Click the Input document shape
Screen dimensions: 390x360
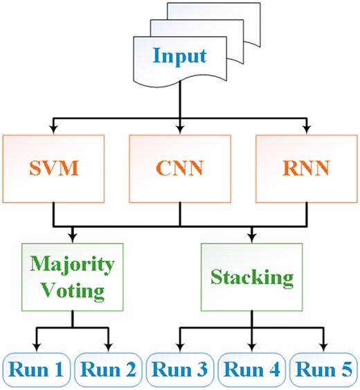point(179,55)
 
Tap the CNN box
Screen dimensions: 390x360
point(180,167)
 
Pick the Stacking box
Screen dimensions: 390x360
point(251,277)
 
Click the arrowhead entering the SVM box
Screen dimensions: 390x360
point(54,129)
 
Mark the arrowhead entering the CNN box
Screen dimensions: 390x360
point(180,129)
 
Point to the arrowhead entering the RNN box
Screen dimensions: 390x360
point(306,129)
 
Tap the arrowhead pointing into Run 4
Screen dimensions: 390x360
point(251,349)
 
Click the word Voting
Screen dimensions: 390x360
point(73,288)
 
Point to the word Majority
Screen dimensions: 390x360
point(73,265)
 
